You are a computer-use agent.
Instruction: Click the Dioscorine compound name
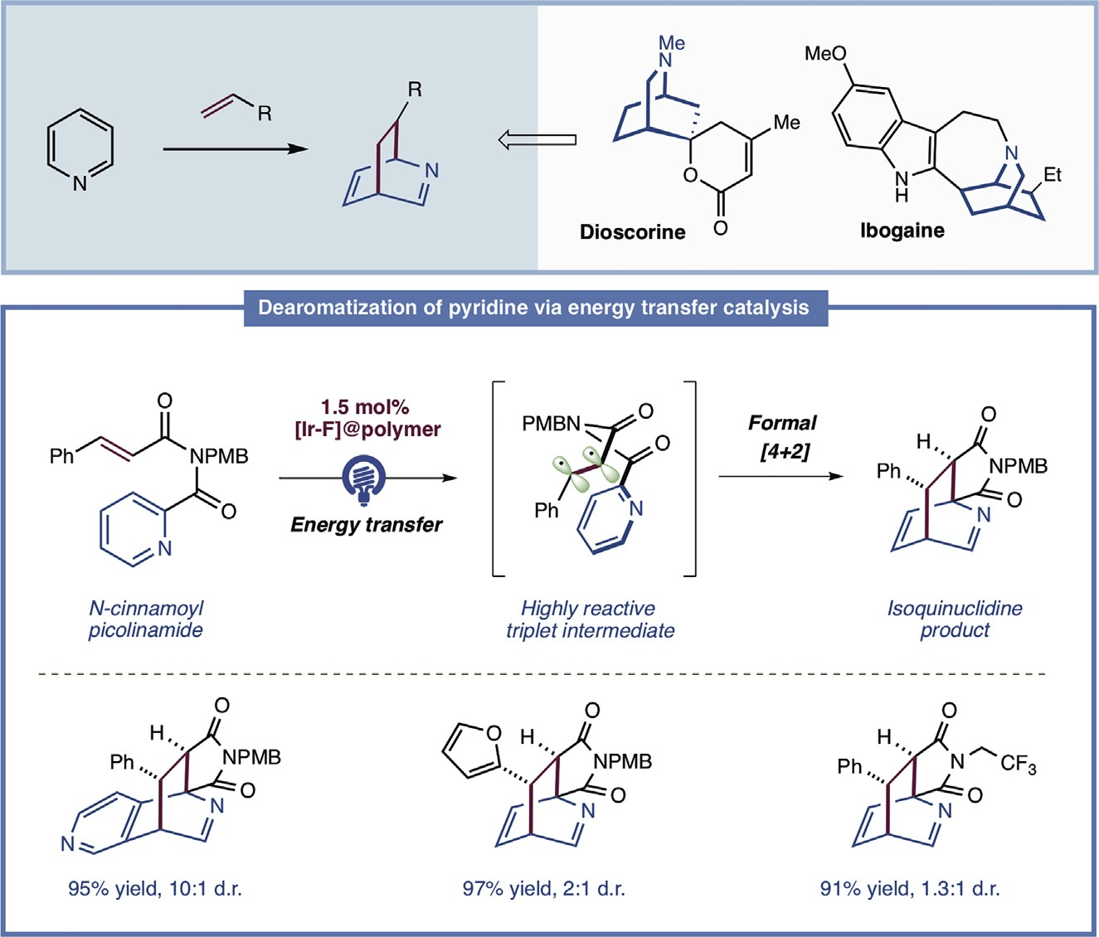pos(632,232)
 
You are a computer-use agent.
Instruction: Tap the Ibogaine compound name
pos(902,231)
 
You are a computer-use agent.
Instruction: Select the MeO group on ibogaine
pos(825,54)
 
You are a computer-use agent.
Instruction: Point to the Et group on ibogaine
pos(1052,175)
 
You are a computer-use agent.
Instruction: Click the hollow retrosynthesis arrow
pos(537,140)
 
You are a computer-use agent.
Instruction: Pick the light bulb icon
pos(365,481)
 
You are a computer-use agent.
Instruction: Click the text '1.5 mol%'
pos(366,407)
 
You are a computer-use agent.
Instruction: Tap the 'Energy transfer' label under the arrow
pos(366,524)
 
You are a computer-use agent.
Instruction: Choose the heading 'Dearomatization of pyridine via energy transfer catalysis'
pos(533,308)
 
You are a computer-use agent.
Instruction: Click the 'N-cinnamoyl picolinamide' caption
pos(146,619)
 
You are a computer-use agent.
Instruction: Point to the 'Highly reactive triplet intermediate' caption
pos(590,619)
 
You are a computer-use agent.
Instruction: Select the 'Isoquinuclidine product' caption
pos(954,619)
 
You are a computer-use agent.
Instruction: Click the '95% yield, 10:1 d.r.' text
pos(155,890)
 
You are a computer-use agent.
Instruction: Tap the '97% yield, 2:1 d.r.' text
pos(543,890)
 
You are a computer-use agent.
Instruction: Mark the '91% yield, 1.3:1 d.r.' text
pos(910,890)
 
